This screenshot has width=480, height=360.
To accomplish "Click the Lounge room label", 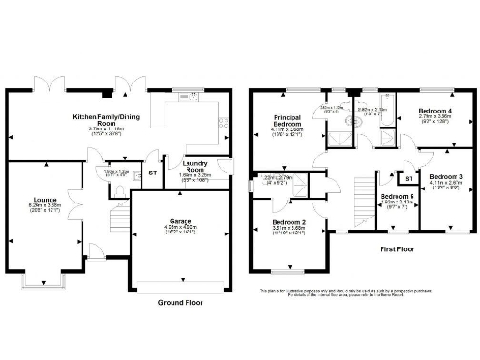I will pyautogui.click(x=44, y=200).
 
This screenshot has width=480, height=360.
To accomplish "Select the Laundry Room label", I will pyautogui.click(x=194, y=166).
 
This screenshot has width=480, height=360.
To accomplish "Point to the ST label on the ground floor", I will pyautogui.click(x=152, y=172).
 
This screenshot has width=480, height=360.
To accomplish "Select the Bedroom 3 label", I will pyautogui.click(x=446, y=176).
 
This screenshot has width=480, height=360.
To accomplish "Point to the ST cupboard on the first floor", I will pyautogui.click(x=409, y=177).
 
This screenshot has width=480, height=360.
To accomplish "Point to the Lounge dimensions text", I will pyautogui.click(x=44, y=209).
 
